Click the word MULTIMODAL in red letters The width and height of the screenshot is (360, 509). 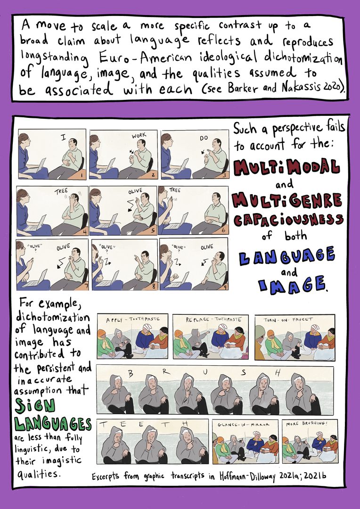coord(286,167)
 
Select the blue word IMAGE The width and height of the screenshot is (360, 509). coord(292,285)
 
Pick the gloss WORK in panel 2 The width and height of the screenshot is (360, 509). coord(139,135)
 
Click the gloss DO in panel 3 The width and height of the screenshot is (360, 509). coord(204,138)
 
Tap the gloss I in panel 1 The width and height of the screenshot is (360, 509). coord(64,138)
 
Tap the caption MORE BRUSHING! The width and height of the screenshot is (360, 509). coord(307,424)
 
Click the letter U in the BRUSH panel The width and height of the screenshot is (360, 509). coord(205,373)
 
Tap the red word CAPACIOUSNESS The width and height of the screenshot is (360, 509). coord(287,221)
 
